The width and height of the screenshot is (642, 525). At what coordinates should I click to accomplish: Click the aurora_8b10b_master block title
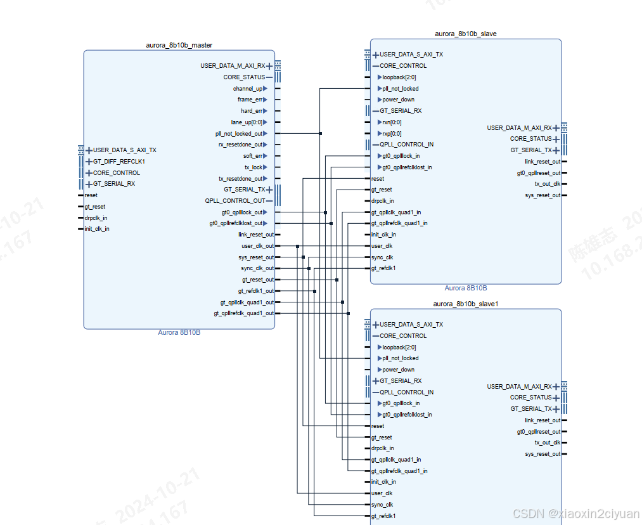(179, 45)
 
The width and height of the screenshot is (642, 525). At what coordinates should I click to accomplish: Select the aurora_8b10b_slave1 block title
(466, 304)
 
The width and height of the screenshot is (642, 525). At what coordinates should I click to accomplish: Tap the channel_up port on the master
(247, 89)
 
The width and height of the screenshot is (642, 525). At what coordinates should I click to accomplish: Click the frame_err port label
(250, 100)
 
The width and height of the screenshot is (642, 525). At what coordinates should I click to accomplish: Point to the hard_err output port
(251, 111)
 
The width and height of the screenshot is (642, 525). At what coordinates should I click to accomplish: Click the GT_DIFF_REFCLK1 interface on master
(119, 162)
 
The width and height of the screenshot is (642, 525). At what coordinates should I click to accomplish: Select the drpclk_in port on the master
(96, 217)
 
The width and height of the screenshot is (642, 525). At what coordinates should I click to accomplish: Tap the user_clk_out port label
(257, 246)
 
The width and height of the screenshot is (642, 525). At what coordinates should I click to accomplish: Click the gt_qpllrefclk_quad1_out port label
(243, 313)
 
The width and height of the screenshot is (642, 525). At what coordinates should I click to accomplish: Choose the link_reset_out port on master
(256, 235)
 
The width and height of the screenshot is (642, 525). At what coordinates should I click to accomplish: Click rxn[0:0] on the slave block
(392, 122)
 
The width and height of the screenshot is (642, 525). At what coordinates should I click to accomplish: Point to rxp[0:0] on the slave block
(392, 134)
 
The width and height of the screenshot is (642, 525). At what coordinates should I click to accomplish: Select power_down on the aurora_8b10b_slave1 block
(398, 370)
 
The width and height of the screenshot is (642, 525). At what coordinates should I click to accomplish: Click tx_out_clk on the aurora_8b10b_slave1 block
(547, 443)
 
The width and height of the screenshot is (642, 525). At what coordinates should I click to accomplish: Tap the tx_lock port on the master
(253, 167)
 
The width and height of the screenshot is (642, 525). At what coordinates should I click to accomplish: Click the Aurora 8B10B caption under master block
(179, 332)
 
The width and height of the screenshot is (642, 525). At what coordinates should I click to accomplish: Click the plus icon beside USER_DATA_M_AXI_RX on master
(269, 66)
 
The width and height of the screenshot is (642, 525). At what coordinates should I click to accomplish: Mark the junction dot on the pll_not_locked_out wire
(321, 134)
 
